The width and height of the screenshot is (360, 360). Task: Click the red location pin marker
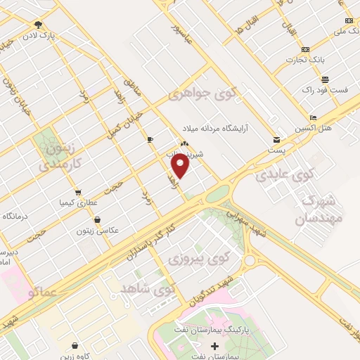click(x=180, y=166)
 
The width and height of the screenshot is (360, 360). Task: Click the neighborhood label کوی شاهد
click(x=146, y=288)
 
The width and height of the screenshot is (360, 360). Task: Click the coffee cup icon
click(x=150, y=140)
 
